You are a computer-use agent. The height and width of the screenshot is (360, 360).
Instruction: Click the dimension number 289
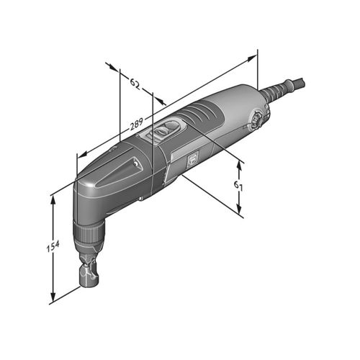coord(137,124)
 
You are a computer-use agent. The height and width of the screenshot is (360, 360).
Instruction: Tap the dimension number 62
coord(135,84)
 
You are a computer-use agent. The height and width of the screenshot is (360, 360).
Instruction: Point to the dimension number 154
coord(53,247)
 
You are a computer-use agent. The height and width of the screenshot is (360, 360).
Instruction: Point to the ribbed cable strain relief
coord(276,91)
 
